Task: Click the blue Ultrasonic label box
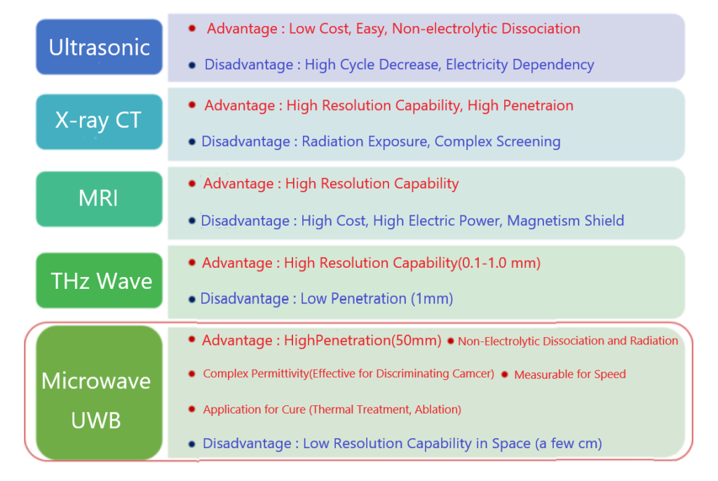click(100, 47)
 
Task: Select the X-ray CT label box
click(100, 122)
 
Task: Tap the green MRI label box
click(100, 199)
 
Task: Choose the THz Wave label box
click(100, 280)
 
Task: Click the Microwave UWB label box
click(100, 393)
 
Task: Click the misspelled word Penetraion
click(538, 106)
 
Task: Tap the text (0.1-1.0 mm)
click(499, 263)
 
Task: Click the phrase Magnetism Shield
click(566, 221)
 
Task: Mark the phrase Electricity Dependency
click(520, 65)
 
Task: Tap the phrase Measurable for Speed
click(569, 374)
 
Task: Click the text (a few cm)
click(569, 443)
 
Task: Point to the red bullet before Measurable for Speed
click(505, 374)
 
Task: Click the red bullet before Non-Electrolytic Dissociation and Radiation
click(451, 341)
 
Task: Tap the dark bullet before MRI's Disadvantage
click(192, 221)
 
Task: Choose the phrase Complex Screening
click(497, 142)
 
